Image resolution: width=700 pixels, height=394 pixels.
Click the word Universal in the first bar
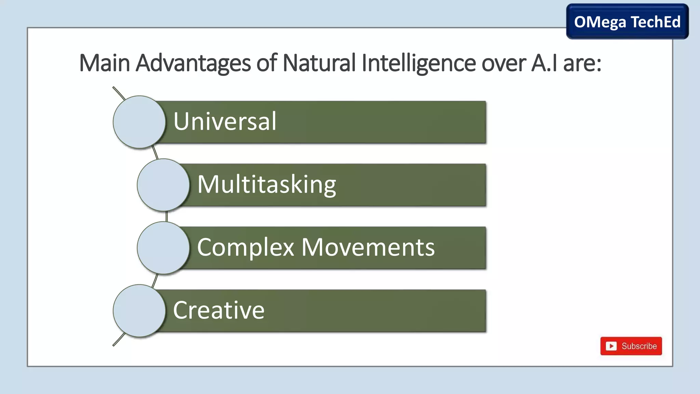(x=225, y=121)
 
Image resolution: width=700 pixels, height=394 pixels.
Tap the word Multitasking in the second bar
(x=267, y=185)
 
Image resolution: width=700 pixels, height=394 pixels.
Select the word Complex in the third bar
(x=245, y=247)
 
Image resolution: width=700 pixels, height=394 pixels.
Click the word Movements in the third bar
(x=368, y=247)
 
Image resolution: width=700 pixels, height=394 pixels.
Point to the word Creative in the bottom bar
(x=219, y=310)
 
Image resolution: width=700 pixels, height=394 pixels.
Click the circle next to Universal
(x=139, y=122)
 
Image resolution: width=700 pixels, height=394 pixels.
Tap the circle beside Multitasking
(x=163, y=185)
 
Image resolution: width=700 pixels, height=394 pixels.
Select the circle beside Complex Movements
(x=163, y=248)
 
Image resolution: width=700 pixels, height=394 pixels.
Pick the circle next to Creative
(x=139, y=311)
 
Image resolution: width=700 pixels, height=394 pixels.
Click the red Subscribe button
(x=631, y=346)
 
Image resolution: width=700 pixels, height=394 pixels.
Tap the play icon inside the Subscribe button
(x=611, y=346)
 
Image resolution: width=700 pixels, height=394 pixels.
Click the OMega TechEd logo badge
(x=627, y=22)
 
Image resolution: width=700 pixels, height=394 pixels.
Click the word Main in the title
(x=104, y=63)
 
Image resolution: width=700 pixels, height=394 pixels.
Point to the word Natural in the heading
(x=319, y=63)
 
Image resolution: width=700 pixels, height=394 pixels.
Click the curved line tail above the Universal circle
(x=118, y=93)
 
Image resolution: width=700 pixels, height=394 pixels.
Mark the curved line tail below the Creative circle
(x=118, y=340)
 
